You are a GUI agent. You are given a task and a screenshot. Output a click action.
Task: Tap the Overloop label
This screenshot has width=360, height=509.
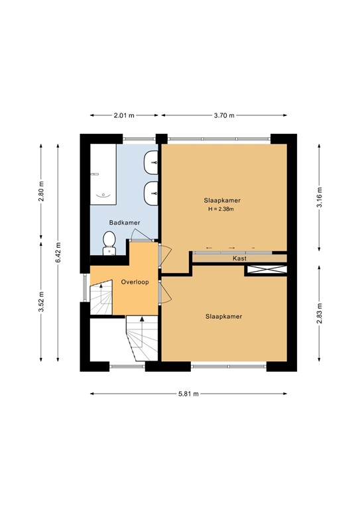coord(135,282)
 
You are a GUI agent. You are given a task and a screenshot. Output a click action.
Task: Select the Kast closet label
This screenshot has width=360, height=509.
coord(239,258)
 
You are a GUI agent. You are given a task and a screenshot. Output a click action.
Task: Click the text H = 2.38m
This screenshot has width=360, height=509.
coord(222,209)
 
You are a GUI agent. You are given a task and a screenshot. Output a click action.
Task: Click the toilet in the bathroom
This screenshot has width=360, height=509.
coord(108,243)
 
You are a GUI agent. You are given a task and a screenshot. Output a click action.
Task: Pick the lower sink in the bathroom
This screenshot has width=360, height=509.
coord(152,192)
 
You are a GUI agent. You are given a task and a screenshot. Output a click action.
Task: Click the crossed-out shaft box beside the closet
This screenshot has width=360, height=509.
coord(265,270)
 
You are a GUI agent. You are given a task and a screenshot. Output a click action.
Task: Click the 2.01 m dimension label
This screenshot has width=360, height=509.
coord(123,115)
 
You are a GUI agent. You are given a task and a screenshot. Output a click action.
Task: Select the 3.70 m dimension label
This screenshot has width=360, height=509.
coord(225,115)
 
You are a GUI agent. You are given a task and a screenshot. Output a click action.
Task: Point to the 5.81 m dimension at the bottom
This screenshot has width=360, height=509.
coord(188,394)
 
